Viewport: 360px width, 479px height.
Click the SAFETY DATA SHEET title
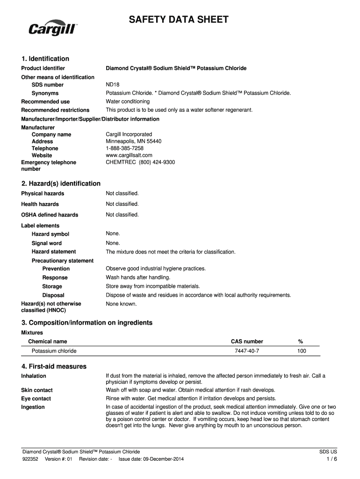pos(179,20)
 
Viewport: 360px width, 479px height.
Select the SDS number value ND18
pos(113,85)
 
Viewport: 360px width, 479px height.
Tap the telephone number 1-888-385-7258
pos(125,148)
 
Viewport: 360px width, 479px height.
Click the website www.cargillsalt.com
pos(129,155)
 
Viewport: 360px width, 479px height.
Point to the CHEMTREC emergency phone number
pos(140,162)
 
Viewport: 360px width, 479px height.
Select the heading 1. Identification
pos(45,58)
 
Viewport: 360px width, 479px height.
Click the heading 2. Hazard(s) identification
pos(61,183)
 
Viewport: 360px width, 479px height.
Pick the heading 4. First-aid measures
pos(54,366)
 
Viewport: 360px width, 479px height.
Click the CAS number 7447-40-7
pos(247,351)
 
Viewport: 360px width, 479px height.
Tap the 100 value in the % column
pos(302,351)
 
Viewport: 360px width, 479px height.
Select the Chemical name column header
pos(48,341)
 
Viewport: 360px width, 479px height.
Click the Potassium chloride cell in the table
pos(54,351)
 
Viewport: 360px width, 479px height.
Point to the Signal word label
pos(47,243)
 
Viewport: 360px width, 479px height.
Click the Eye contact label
pos(36,399)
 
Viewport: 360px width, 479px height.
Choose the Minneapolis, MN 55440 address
pos(134,141)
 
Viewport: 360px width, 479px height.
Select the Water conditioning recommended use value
pos(128,102)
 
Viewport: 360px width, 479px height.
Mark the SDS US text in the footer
pos(328,452)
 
